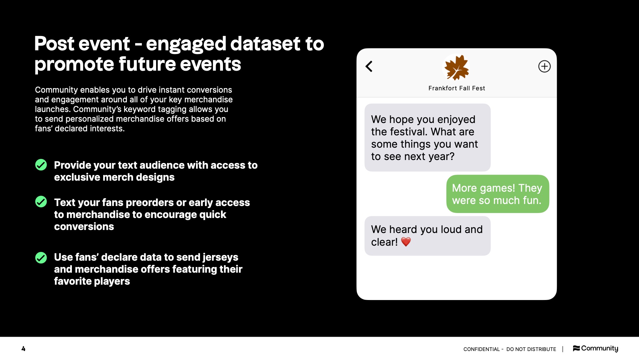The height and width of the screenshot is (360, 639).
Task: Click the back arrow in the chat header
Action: [369, 66]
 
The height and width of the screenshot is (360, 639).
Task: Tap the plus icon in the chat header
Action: [544, 66]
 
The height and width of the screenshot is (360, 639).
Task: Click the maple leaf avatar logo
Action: [457, 68]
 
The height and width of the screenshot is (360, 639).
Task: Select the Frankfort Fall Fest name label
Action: [457, 88]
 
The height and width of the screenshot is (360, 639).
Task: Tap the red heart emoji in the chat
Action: [406, 242]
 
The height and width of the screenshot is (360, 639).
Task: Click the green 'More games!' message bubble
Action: [498, 194]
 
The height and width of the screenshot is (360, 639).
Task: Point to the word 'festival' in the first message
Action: [408, 132]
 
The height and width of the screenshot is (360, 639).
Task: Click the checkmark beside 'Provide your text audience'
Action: [41, 165]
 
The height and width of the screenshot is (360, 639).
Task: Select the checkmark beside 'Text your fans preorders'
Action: [41, 202]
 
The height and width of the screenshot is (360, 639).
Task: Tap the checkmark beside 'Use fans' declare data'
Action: [41, 258]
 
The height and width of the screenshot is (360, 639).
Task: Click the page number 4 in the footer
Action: [23, 349]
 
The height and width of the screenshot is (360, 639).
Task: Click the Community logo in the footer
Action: [595, 348]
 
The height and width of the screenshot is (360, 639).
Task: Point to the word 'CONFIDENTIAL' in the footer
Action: [482, 349]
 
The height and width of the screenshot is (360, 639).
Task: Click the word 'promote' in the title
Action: [74, 64]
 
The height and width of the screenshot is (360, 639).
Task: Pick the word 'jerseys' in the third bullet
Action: [220, 257]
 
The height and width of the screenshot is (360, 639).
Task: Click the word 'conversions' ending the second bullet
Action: [84, 227]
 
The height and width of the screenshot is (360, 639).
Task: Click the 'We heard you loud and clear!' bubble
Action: [427, 236]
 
